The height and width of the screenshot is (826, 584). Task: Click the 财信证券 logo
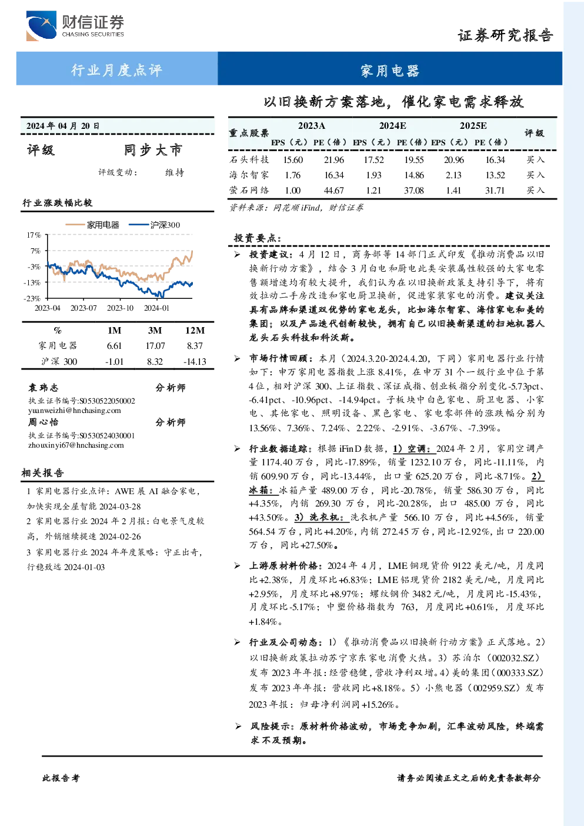click(x=75, y=25)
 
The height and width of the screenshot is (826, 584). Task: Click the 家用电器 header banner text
click(x=390, y=71)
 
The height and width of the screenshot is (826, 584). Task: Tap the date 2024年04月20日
click(x=63, y=126)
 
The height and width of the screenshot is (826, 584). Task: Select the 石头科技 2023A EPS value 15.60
click(x=293, y=159)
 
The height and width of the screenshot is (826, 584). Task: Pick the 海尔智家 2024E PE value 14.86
click(x=414, y=175)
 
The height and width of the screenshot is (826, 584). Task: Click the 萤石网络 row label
click(x=249, y=190)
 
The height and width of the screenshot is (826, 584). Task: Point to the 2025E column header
click(x=473, y=126)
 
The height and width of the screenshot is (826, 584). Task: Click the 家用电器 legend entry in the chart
click(x=92, y=225)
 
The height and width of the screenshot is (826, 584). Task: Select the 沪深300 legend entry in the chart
click(x=155, y=225)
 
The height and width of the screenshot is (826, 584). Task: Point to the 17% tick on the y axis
click(x=34, y=235)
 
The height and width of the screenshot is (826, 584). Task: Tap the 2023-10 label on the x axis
click(x=120, y=308)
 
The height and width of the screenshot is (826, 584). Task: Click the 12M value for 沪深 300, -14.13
click(x=195, y=362)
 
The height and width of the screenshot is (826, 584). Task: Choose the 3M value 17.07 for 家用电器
click(x=155, y=346)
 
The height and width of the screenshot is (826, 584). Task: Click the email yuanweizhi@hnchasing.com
click(x=75, y=411)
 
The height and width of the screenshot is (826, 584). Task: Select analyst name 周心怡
click(x=43, y=422)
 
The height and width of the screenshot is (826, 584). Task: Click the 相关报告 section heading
click(x=42, y=473)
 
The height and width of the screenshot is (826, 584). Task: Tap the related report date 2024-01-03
click(x=85, y=567)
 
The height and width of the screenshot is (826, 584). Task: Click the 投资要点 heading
click(x=257, y=238)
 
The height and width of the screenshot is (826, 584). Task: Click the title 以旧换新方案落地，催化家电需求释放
click(x=393, y=101)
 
